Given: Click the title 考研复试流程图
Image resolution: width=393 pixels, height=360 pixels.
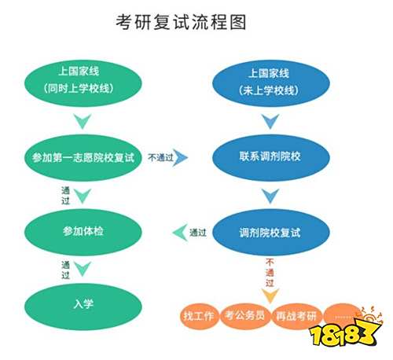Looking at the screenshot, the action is coord(181,22).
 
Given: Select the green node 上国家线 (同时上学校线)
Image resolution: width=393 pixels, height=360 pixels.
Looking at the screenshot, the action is coord(83,83).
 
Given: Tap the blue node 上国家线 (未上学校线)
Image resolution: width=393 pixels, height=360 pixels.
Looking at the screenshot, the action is coord(271,83).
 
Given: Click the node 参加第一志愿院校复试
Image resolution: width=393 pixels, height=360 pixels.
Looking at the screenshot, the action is coord(83,157).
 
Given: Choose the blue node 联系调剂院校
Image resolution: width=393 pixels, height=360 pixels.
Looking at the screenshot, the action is coord(271,157).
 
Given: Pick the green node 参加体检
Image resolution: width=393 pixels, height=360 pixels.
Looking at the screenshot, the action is coord(83,232).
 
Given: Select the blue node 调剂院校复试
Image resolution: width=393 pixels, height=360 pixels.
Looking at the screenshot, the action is coord(271,232).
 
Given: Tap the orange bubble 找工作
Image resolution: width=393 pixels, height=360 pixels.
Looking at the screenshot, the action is coord(199,316).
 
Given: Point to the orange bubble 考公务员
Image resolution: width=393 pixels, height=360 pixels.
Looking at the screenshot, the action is coord(245,316).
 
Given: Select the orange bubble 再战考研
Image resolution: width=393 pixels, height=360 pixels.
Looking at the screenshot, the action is coord(296,316).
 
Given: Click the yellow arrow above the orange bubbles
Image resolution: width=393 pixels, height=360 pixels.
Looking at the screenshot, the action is coord(270,296).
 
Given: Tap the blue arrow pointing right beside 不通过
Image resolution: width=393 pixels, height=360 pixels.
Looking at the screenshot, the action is coord(182,157).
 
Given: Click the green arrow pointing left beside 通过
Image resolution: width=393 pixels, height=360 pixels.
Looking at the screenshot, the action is coord(180,232).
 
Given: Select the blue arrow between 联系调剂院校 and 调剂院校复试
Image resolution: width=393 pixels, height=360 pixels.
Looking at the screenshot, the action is coord(270,196).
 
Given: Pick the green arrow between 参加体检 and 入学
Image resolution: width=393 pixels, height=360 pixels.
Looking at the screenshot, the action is coord(83,269).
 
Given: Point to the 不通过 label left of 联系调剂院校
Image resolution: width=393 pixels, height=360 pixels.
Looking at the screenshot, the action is coord(160,157).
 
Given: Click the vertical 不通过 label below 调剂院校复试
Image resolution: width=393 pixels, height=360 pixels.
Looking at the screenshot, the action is coord(270,273).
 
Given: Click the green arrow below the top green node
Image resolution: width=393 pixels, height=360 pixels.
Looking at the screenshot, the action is coord(83,121).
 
